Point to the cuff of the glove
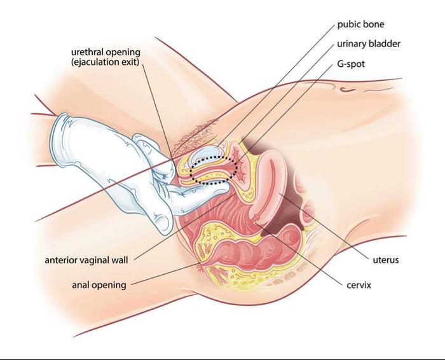pyautogui.click(x=60, y=134)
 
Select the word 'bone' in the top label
pyautogui.click(x=374, y=25)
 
